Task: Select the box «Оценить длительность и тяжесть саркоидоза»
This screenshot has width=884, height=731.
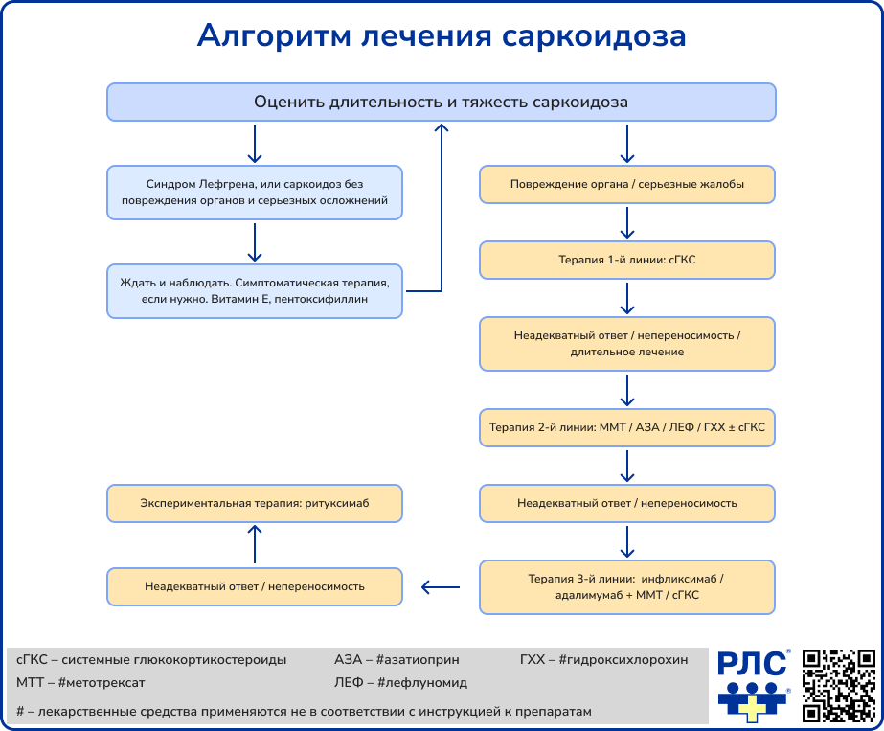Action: (x=441, y=102)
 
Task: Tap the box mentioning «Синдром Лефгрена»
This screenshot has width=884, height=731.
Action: (x=254, y=192)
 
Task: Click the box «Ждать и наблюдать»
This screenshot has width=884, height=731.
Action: (x=254, y=291)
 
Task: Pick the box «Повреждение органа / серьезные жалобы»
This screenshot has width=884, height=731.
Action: (x=627, y=184)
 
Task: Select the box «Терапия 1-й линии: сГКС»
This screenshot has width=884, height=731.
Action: (x=627, y=260)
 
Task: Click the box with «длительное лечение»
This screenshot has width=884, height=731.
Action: (x=627, y=344)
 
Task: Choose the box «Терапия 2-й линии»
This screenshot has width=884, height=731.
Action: (x=627, y=427)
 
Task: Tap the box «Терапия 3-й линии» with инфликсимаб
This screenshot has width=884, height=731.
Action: (x=627, y=586)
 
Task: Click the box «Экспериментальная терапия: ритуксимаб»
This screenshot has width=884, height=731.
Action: (x=254, y=503)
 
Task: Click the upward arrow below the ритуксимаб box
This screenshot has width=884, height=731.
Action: (x=254, y=543)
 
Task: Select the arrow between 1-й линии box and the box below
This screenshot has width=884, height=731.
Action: (x=627, y=299)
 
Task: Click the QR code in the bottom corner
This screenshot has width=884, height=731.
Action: (x=839, y=684)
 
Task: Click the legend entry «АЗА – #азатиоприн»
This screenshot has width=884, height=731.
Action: (x=396, y=659)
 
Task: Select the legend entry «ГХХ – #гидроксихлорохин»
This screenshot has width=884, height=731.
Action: (x=603, y=659)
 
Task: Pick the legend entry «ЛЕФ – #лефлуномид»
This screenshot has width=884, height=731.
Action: (x=400, y=683)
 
